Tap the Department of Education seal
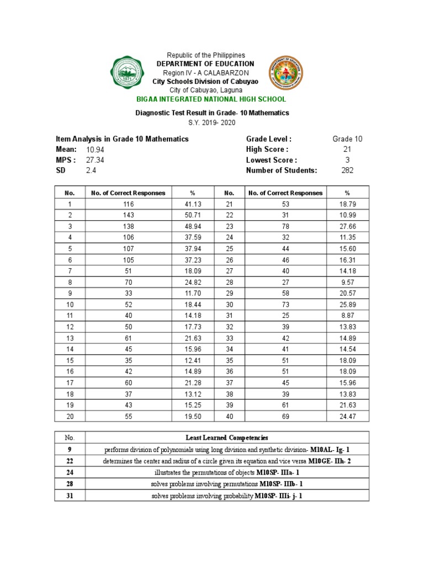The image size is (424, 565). [x=286, y=76]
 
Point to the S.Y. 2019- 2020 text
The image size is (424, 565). [x=212, y=122]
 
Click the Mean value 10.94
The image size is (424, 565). [x=95, y=150]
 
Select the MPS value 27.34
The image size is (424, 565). [x=95, y=160]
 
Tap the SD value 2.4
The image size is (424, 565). [x=91, y=170]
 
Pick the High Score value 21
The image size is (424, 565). [x=347, y=150]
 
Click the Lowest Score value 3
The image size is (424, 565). [x=347, y=160]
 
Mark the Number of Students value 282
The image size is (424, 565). [x=347, y=170]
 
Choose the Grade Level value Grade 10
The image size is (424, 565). [x=347, y=139]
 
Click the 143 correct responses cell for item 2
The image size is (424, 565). [x=128, y=215]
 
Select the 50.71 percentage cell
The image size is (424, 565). [x=193, y=215]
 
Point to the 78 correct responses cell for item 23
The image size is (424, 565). [x=286, y=226]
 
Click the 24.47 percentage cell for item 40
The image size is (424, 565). [x=347, y=416]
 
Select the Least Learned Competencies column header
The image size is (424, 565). [x=226, y=437]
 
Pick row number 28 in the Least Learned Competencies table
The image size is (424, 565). [x=70, y=484]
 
